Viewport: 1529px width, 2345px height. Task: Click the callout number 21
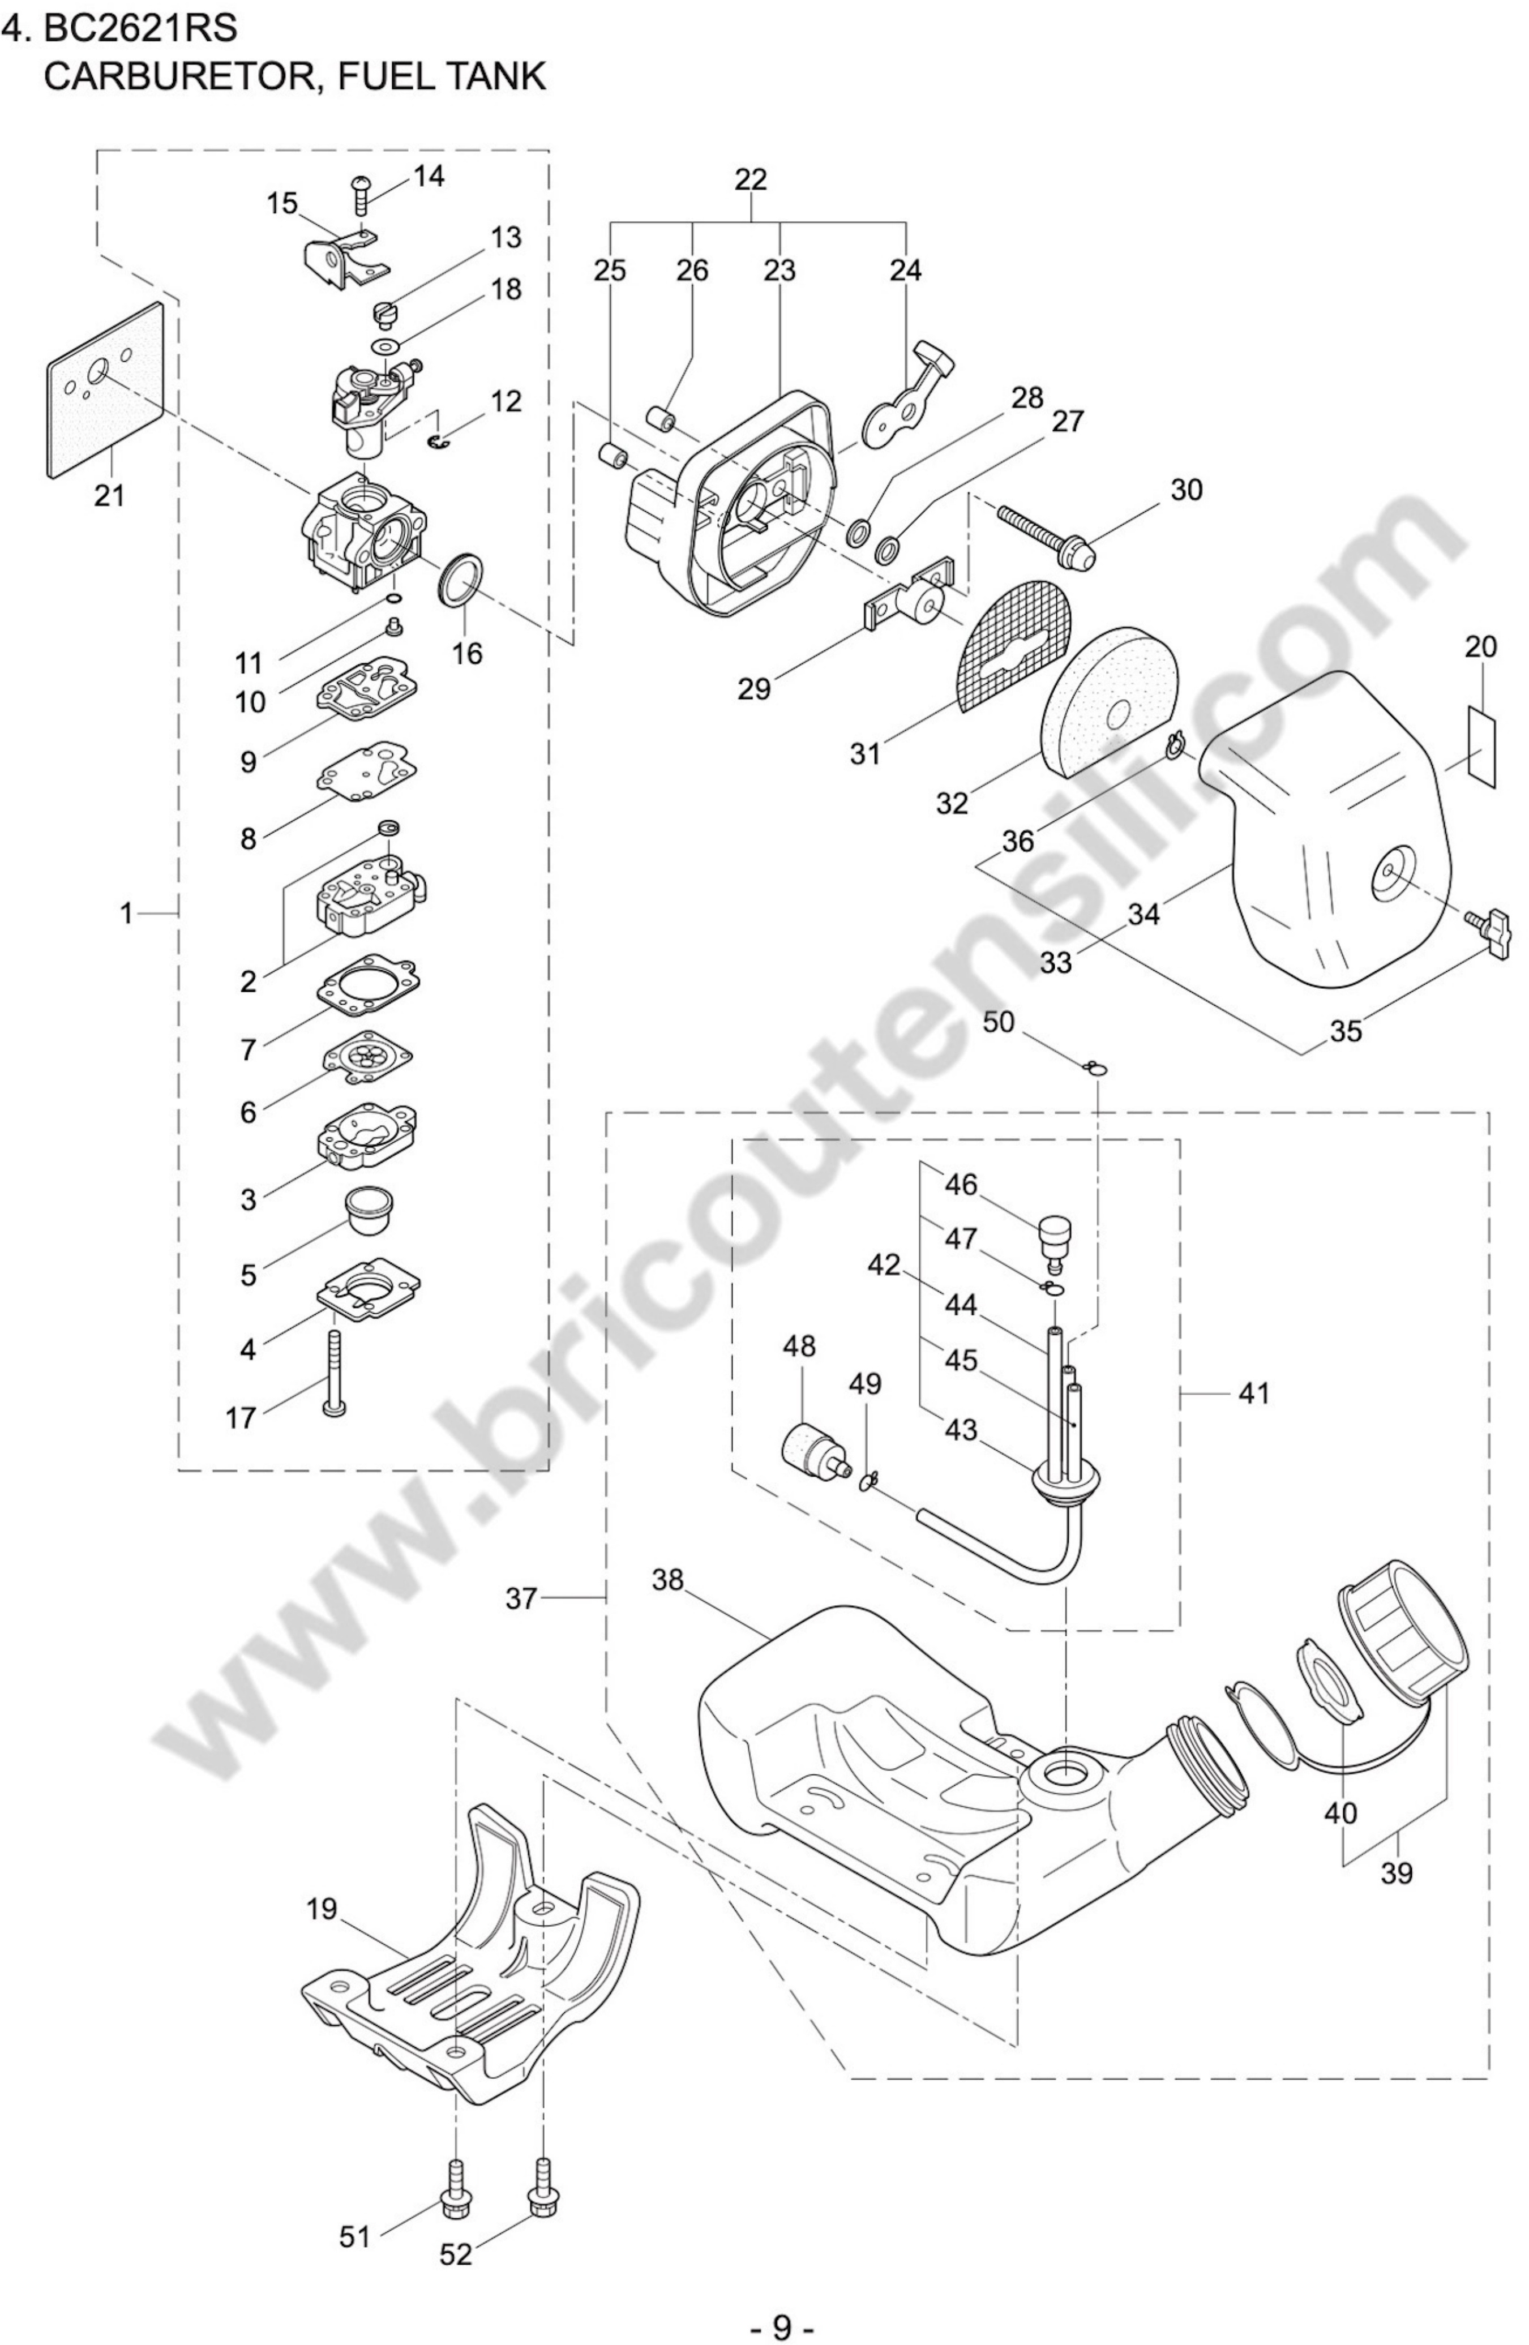[x=109, y=495]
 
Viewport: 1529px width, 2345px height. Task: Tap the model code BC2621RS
[x=140, y=28]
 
